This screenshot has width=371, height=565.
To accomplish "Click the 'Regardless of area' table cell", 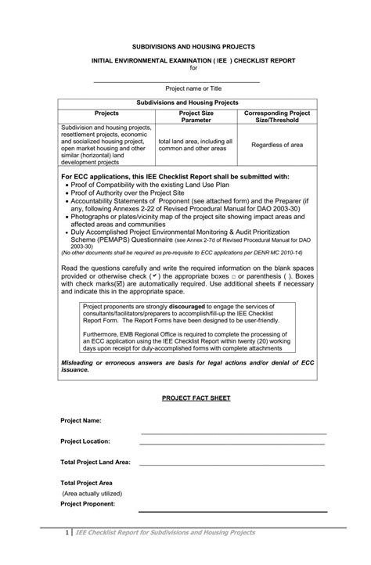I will tap(276, 145).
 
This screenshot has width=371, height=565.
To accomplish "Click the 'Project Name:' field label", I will tap(81, 421).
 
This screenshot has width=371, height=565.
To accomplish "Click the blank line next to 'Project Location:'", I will tap(232, 443).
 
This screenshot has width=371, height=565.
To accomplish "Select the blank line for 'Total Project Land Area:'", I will tap(232, 463).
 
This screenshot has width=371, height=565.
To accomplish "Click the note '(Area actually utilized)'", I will tap(92, 494).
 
